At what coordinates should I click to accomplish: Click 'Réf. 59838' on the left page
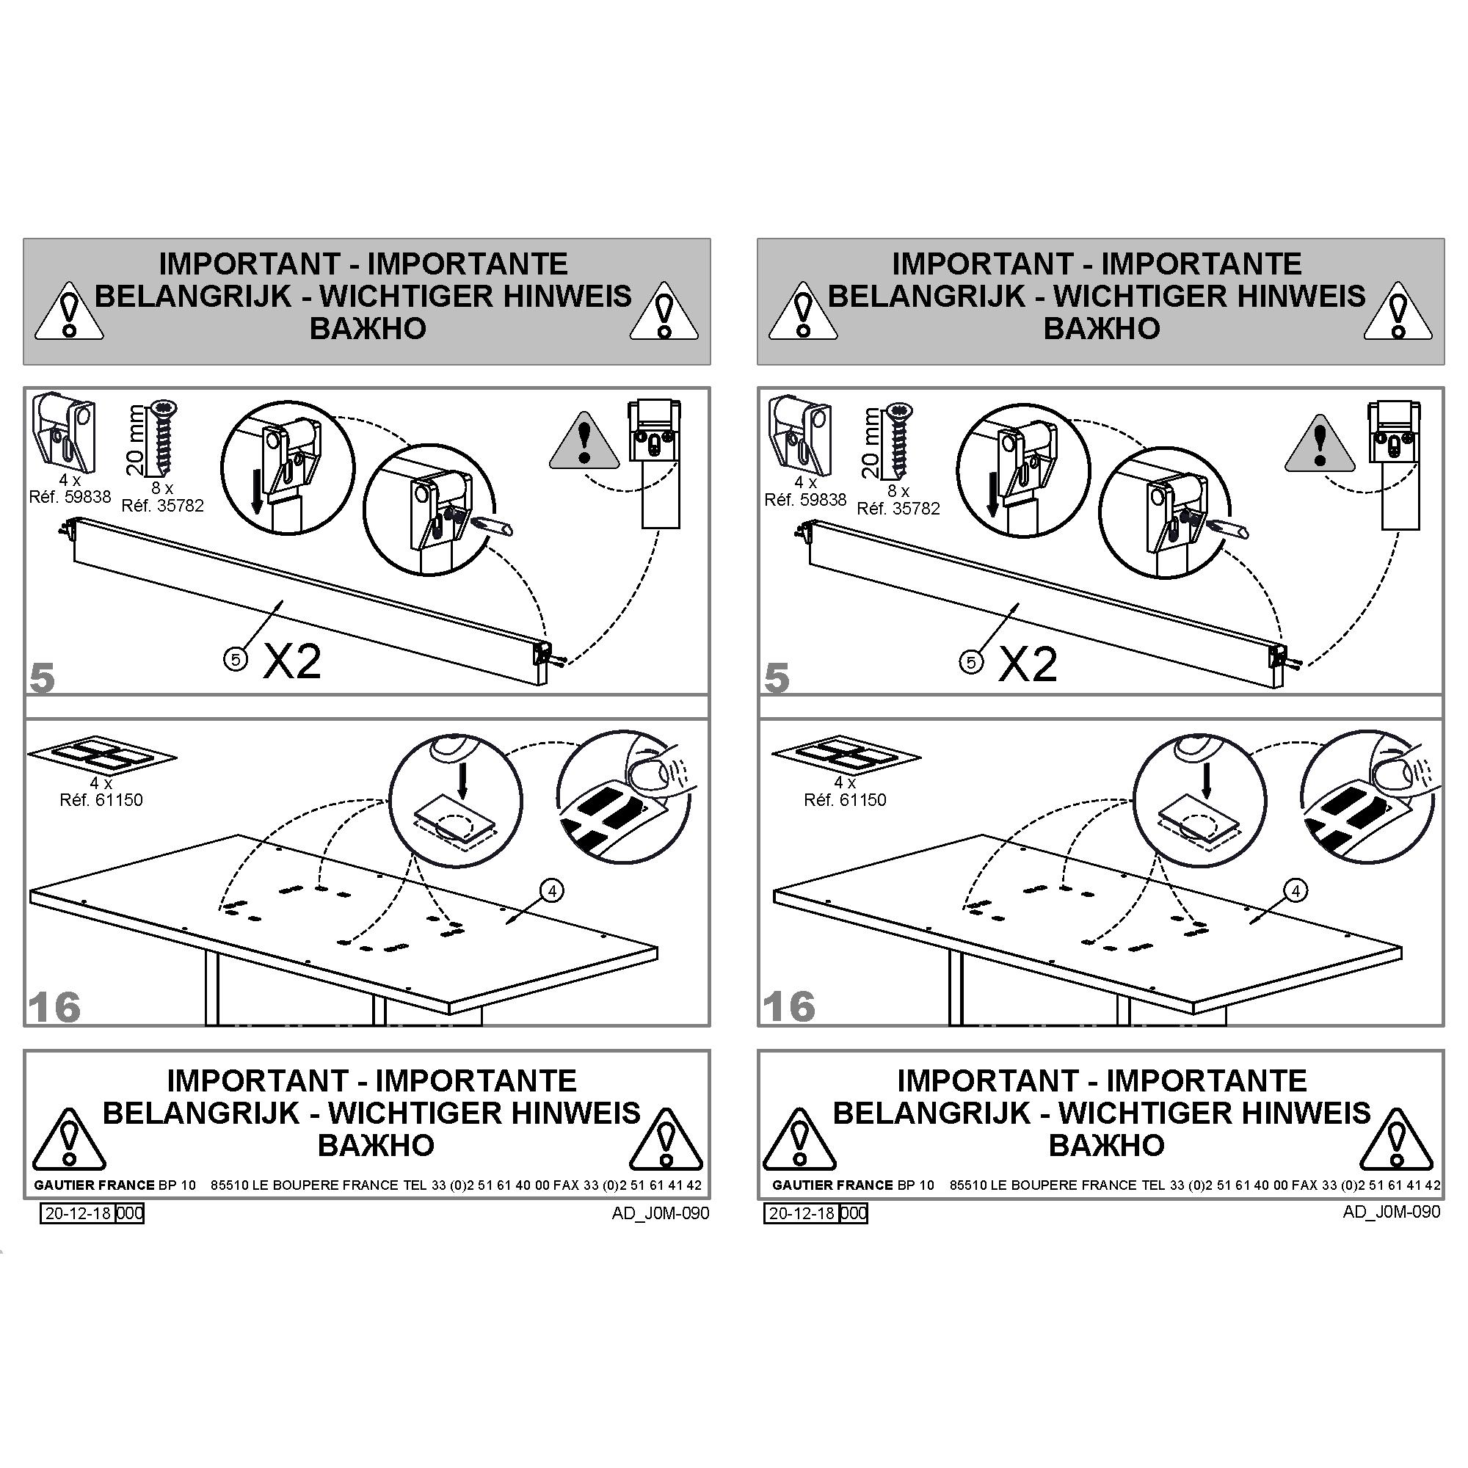tap(70, 497)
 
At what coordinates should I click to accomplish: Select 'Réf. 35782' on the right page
tap(898, 509)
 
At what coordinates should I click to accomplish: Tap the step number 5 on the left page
tap(43, 677)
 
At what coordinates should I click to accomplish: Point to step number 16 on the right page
tap(789, 1008)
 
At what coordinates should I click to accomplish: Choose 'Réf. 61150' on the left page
tap(101, 800)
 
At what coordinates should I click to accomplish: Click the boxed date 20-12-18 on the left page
tap(79, 1213)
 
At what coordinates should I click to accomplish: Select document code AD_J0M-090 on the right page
tap(1391, 1211)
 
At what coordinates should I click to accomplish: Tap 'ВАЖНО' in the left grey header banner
tap(368, 328)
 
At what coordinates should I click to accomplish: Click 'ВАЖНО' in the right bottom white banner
tap(1106, 1145)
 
